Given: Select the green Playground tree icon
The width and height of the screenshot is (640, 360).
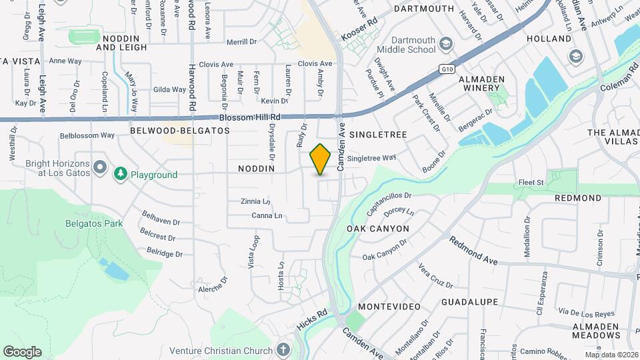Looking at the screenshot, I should click(121, 175).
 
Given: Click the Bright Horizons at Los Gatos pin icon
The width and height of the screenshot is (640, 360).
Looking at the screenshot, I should click(100, 166).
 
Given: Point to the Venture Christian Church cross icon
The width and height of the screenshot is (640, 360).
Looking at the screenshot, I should click(283, 350).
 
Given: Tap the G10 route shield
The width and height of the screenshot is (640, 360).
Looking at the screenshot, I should click(447, 69).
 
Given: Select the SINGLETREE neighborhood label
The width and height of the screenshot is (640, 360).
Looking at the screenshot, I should click(378, 135).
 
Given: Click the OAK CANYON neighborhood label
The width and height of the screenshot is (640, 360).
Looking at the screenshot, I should click(378, 229).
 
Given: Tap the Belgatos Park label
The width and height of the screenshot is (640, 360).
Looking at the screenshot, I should click(94, 224).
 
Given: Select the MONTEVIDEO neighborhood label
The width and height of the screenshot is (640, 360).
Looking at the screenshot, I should click(389, 307).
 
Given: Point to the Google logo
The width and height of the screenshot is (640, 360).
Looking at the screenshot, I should click(22, 351).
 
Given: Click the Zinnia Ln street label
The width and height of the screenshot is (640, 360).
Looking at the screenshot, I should click(256, 201).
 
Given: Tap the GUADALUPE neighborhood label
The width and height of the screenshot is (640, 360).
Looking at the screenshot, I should click(469, 302).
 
